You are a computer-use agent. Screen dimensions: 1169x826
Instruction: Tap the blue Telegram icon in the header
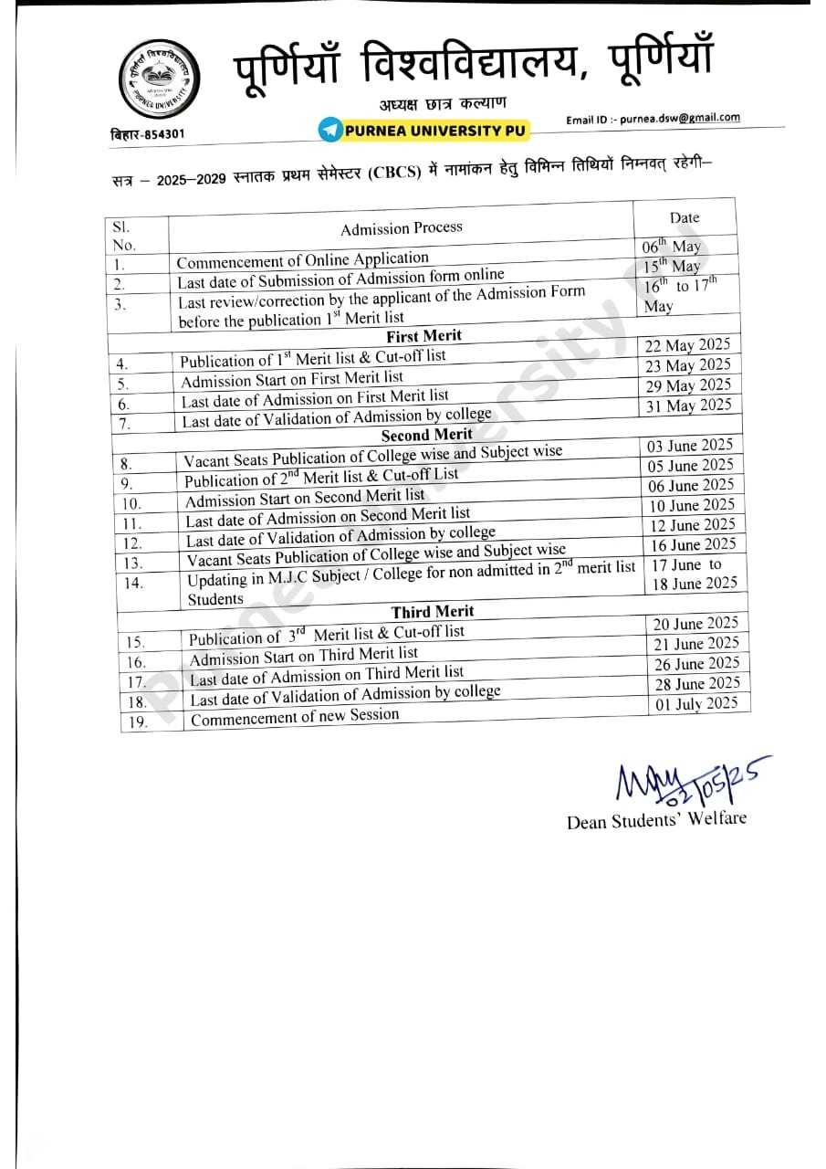329,130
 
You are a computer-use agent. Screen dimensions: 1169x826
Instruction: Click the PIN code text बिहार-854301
147,134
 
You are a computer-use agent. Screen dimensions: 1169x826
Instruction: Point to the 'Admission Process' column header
402,227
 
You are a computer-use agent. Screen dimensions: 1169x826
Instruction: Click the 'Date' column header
685,217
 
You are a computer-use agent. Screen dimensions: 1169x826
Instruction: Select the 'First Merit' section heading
424,336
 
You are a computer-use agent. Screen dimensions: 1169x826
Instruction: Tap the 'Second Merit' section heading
427,435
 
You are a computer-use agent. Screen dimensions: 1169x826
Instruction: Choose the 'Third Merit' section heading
434,611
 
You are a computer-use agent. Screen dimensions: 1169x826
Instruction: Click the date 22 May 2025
688,345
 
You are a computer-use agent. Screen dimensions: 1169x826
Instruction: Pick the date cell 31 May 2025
689,405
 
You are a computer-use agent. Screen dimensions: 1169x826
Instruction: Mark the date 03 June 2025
690,446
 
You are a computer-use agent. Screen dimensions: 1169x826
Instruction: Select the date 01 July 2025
696,703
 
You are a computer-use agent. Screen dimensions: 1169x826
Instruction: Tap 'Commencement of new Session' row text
295,717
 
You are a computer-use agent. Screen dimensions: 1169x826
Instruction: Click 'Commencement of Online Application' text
302,260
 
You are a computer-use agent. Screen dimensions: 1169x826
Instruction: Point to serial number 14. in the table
134,583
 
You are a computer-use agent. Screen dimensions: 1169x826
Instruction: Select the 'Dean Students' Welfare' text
656,819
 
